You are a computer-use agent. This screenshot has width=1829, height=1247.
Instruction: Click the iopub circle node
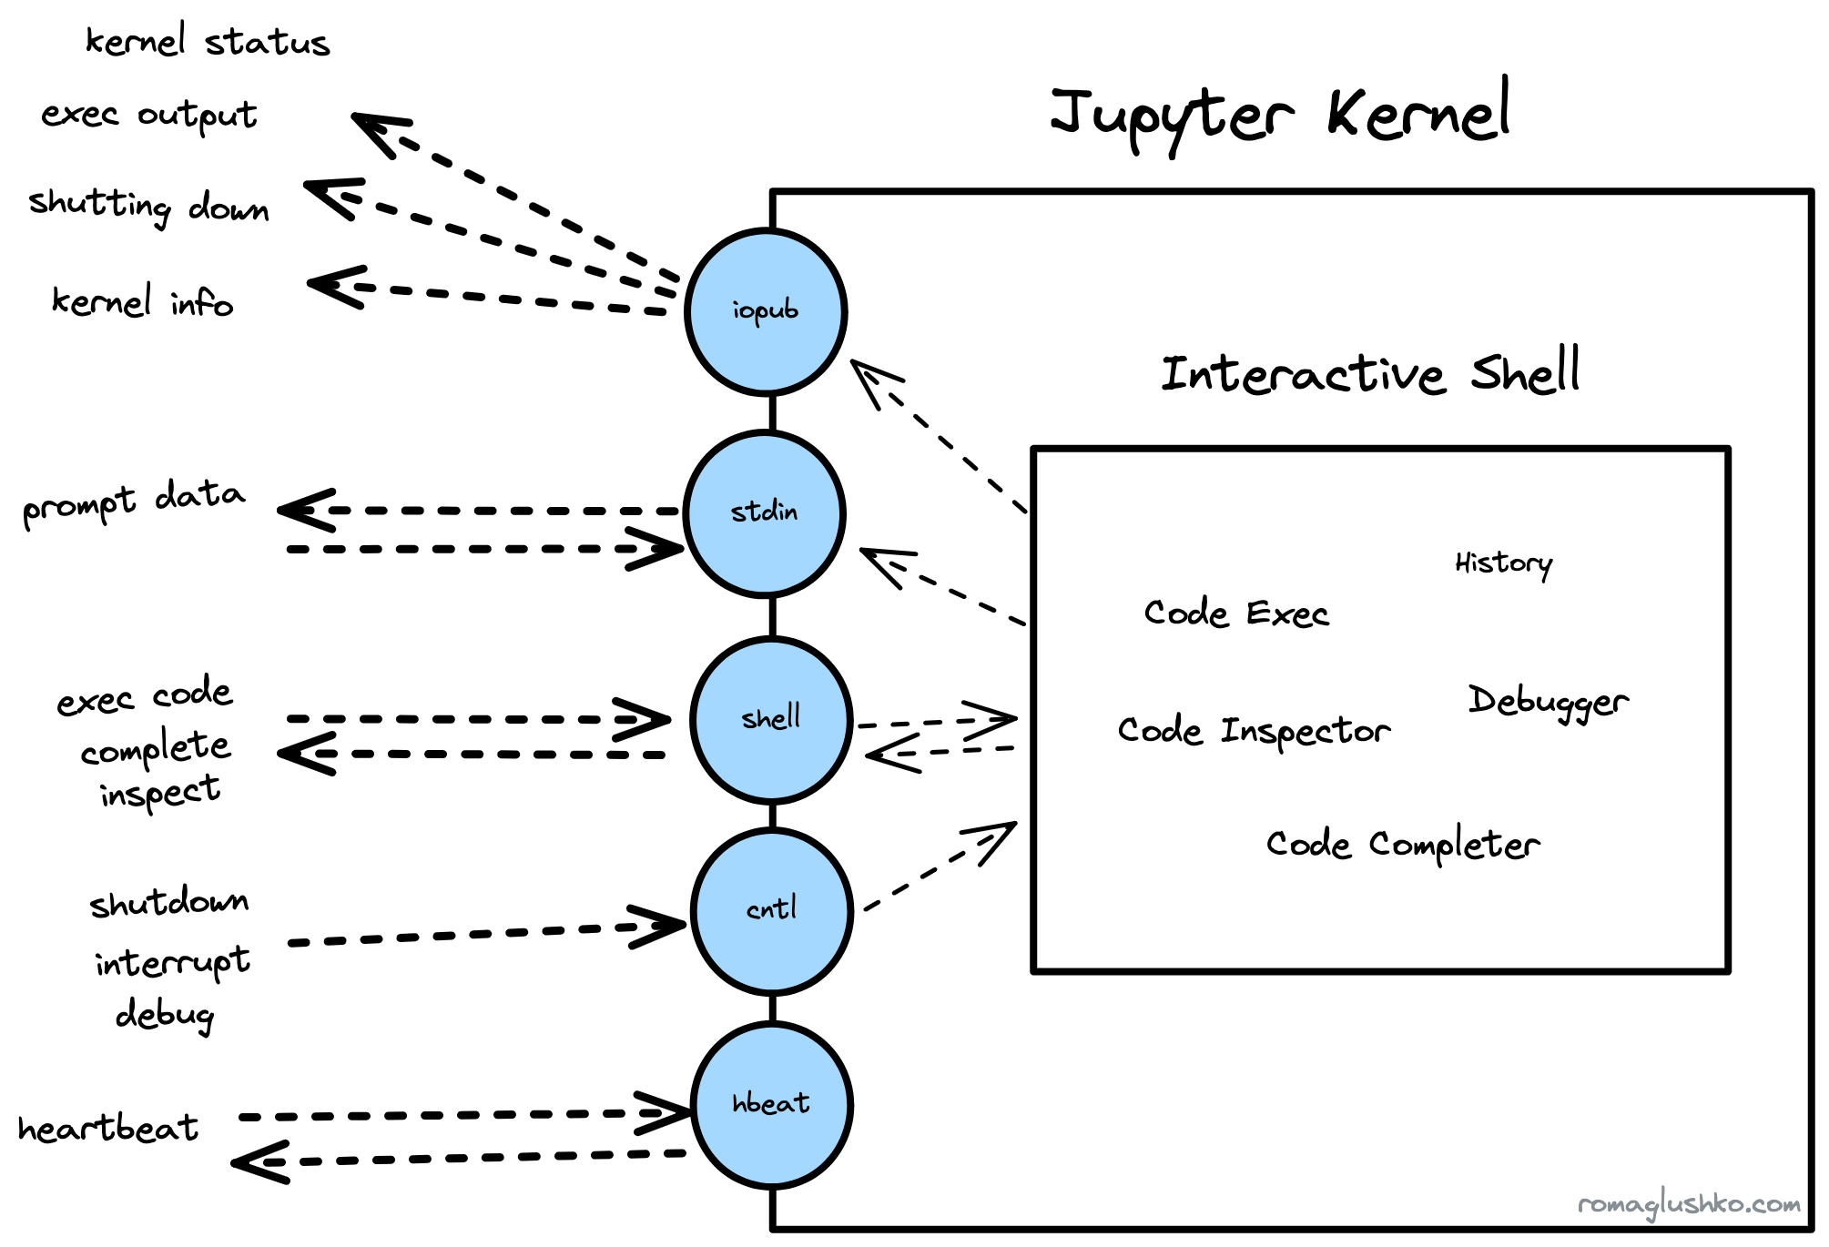point(766,311)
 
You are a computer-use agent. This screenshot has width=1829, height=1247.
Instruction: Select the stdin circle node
point(765,513)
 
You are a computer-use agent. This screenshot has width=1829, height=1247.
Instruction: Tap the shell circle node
point(771,719)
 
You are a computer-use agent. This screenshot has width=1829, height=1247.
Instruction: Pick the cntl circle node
point(771,910)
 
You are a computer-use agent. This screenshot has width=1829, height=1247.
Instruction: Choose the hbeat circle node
point(771,1104)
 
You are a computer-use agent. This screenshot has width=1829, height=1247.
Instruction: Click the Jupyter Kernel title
point(1279,116)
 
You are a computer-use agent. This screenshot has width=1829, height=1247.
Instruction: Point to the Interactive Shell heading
point(1369,373)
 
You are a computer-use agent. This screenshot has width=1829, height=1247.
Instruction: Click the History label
point(1503,563)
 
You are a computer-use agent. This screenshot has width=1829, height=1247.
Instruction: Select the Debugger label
point(1548,702)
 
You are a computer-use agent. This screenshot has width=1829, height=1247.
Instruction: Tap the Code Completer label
point(1402,845)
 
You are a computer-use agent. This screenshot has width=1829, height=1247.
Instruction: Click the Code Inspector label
point(1254,731)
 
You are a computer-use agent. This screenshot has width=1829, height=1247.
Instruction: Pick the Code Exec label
point(1235,613)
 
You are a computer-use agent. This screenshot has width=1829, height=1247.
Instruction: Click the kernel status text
point(208,42)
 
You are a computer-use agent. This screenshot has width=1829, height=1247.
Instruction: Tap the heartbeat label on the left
point(107,1129)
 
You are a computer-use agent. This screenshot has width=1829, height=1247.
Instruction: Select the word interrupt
point(172,962)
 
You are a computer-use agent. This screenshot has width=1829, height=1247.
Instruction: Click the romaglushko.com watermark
point(1689,1204)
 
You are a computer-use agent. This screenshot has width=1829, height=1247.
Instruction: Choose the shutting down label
point(148,206)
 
